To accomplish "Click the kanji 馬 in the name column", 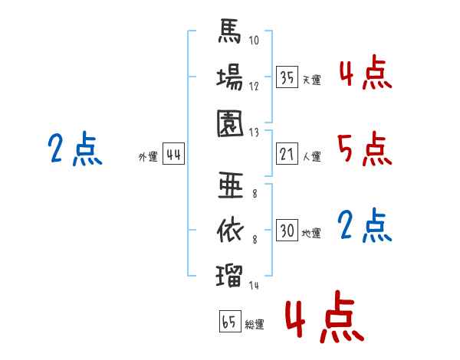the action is click(230, 31).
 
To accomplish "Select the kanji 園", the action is click(230, 123).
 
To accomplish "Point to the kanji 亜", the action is click(231, 185).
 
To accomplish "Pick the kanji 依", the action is click(230, 231).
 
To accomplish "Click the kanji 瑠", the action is click(229, 276).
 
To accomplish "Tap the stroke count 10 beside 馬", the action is click(254, 40).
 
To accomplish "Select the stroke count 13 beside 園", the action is click(254, 133).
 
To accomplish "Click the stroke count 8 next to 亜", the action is click(255, 194).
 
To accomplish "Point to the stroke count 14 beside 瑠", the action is click(254, 285).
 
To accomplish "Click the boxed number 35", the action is click(287, 77).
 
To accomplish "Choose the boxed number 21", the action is click(287, 154).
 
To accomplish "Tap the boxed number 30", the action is click(287, 230).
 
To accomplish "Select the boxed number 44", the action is click(173, 154).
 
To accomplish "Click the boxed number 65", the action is click(230, 321).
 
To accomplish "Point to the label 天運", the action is click(312, 80).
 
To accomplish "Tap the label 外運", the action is click(148, 156).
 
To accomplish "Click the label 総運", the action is click(255, 324).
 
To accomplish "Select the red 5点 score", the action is click(365, 149).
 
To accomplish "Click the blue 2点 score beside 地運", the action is click(365, 225).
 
